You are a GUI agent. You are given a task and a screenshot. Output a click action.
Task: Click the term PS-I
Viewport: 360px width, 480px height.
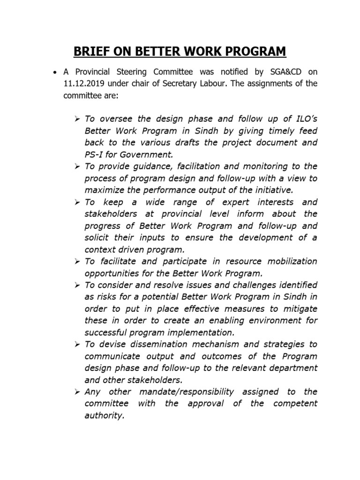[x=95, y=154]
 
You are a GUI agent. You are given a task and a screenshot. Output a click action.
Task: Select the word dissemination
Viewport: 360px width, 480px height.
[x=173, y=344]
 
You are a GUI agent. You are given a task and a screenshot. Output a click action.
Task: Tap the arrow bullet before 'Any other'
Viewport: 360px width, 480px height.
[x=77, y=391]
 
